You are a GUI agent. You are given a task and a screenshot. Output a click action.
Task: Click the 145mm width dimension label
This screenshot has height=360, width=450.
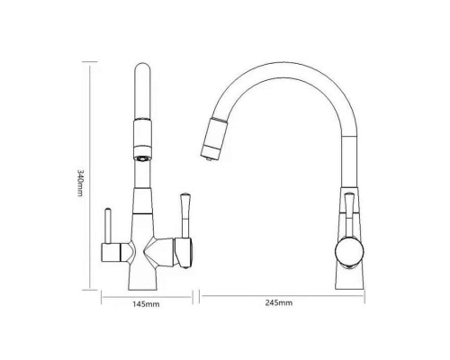pos(146,303)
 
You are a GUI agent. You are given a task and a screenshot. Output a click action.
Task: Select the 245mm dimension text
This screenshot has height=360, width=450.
pos(281,303)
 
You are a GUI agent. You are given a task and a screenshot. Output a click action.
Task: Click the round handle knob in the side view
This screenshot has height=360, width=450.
pos(346,249)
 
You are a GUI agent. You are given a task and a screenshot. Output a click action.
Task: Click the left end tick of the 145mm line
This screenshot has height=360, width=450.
pos(100,294)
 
